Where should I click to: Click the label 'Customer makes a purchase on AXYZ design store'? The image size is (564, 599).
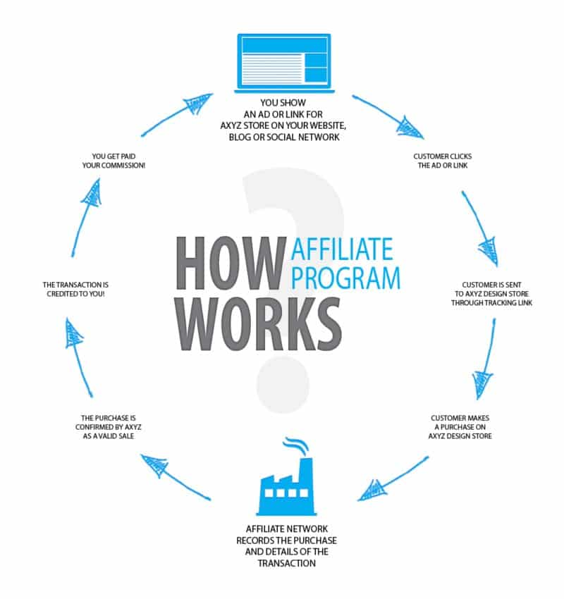point(459,427)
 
